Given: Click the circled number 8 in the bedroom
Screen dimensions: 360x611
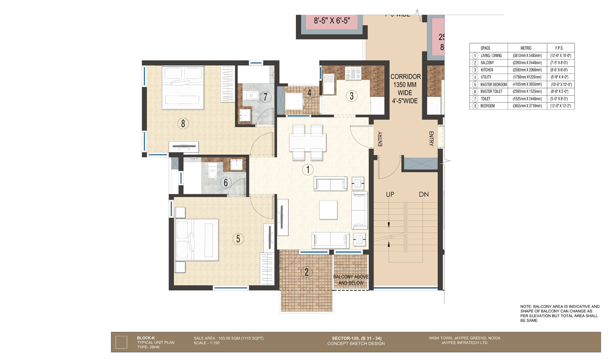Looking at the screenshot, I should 181,122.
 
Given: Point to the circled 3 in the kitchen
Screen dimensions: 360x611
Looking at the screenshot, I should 351,95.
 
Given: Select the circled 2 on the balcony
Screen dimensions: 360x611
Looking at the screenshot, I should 307,271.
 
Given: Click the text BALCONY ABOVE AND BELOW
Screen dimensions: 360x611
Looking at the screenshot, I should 350,280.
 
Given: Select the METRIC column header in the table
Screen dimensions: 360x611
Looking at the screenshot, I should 526,47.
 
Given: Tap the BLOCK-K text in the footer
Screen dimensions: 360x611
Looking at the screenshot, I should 146,338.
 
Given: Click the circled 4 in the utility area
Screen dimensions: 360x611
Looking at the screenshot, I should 309,93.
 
